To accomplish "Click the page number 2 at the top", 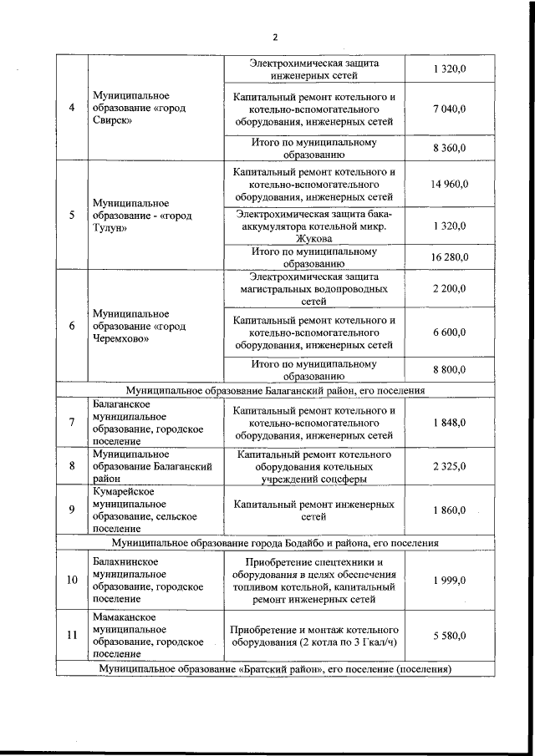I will click(273, 37).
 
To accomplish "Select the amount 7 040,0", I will click(449, 109).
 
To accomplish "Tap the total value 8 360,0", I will click(449, 148).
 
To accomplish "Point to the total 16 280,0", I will click(449, 257).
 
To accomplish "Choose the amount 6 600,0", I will click(449, 332).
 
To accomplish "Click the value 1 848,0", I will click(449, 423).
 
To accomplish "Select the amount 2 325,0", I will click(449, 466).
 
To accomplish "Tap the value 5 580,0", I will click(449, 636).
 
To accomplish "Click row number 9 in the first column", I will click(72, 510).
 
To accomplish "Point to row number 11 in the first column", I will click(72, 636).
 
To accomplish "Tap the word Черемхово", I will click(122, 339).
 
